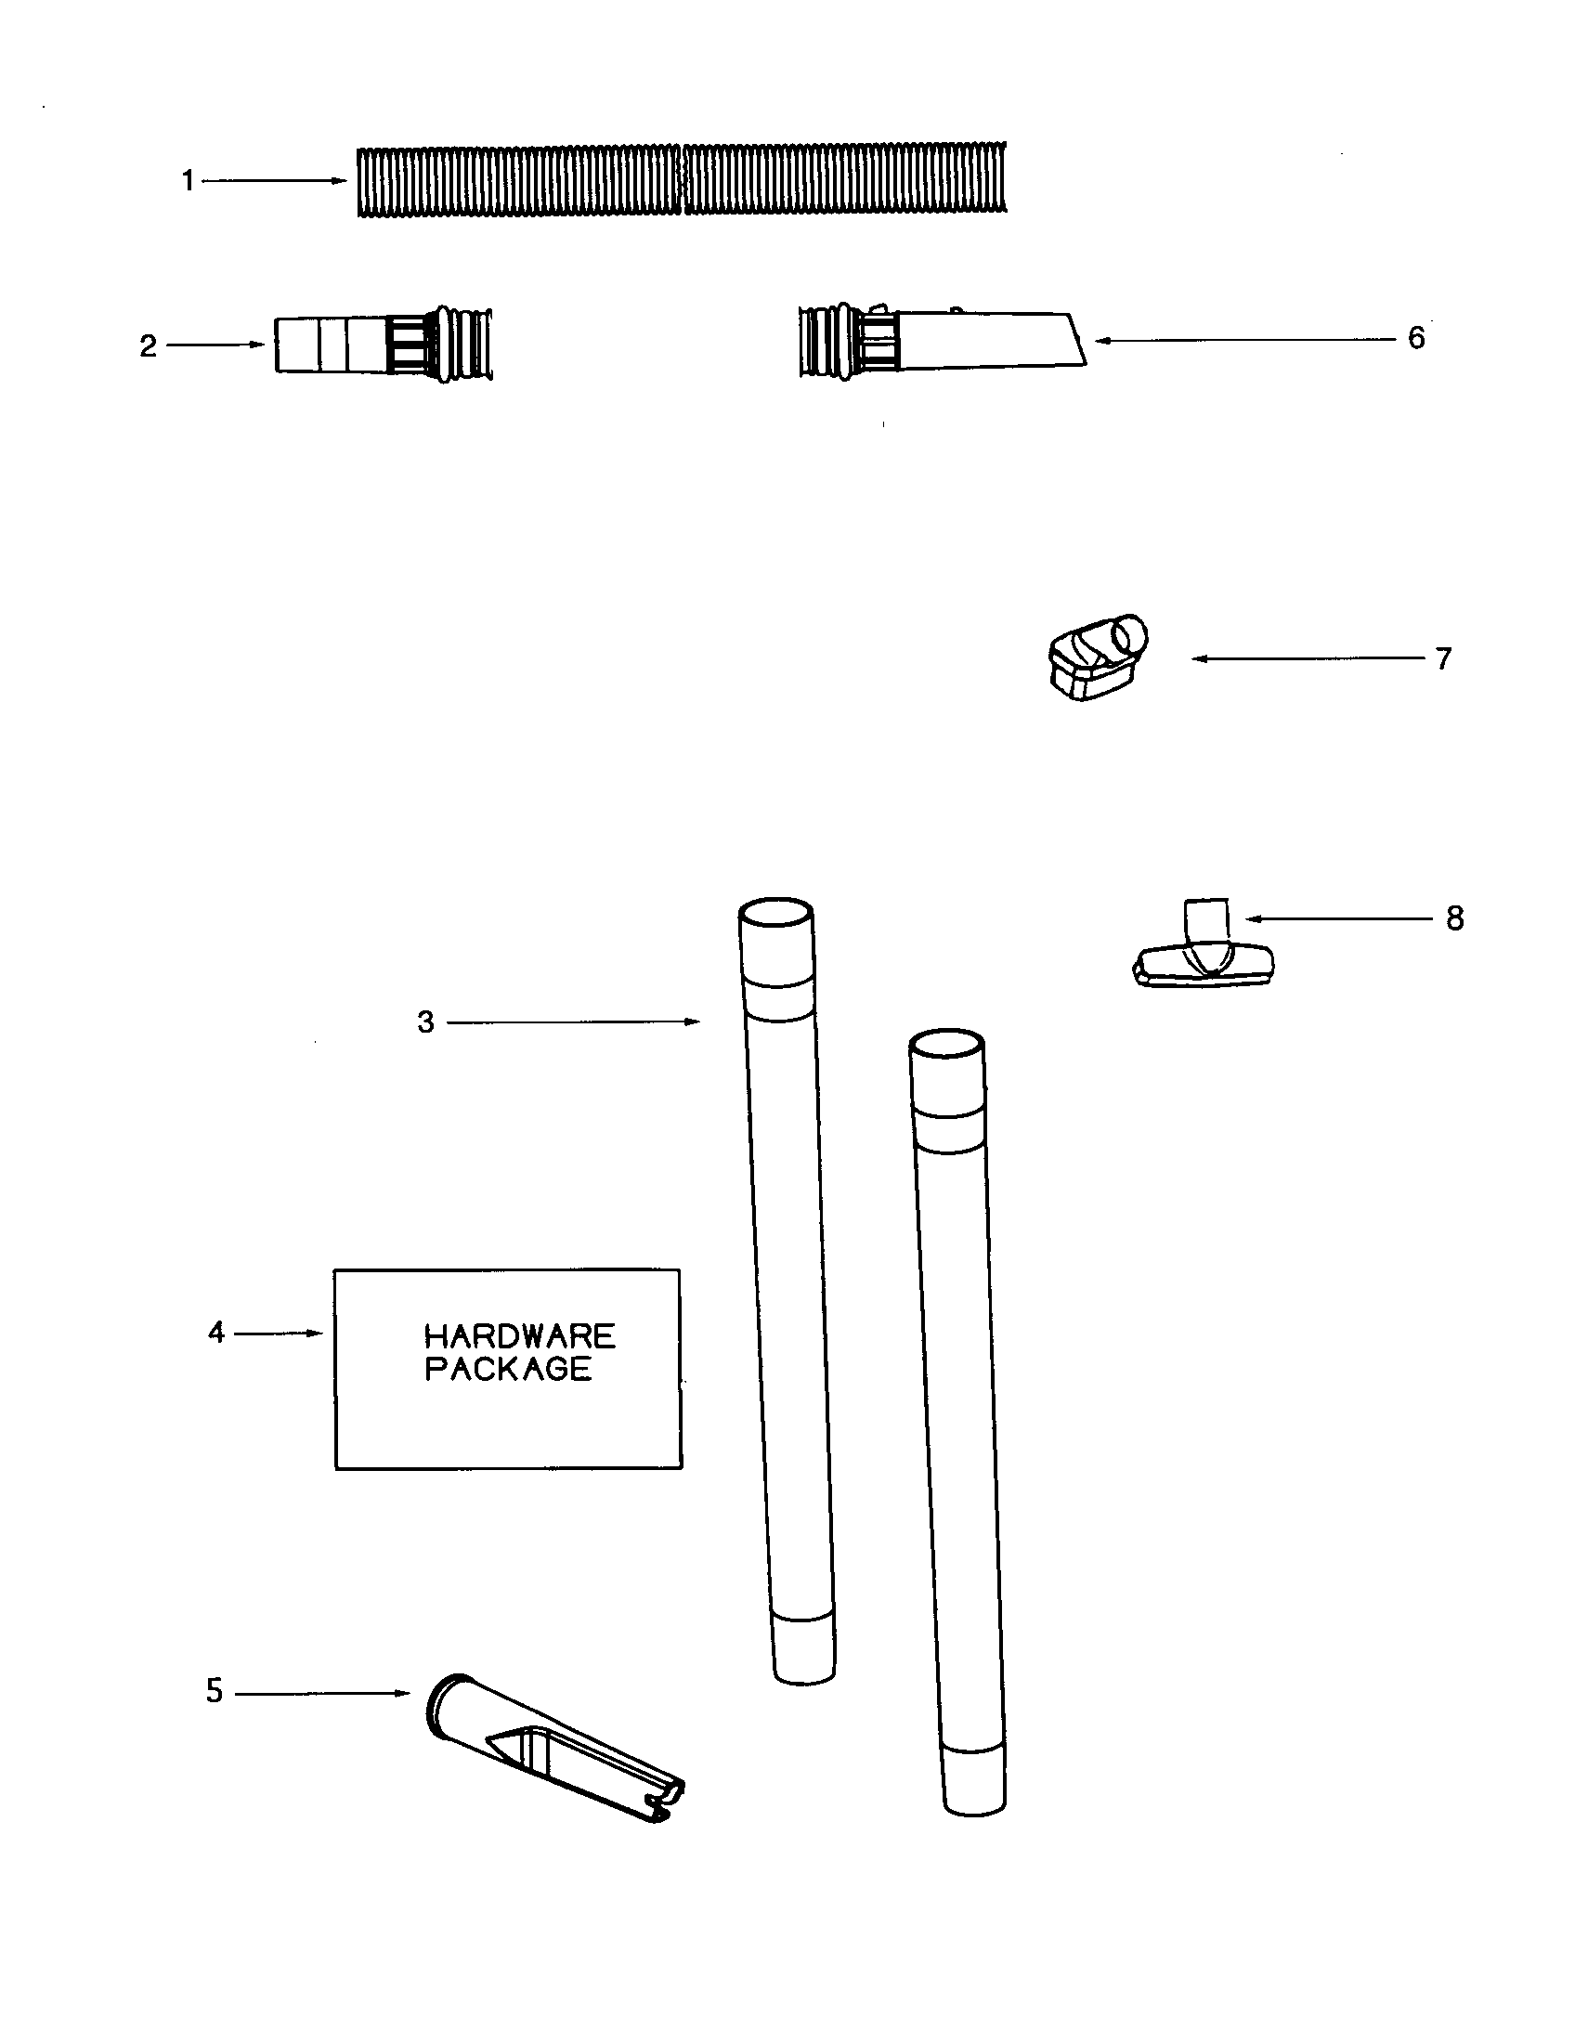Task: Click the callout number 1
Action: click(188, 180)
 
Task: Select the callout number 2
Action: click(148, 346)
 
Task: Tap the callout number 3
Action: click(425, 1021)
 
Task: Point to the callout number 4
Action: click(216, 1332)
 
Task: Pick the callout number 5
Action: click(215, 1691)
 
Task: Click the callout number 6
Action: click(1416, 338)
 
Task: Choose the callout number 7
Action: click(1443, 658)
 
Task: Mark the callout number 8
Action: click(1454, 918)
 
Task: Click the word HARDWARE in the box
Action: click(519, 1334)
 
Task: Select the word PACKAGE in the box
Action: click(508, 1369)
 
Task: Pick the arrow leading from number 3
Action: click(572, 1022)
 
